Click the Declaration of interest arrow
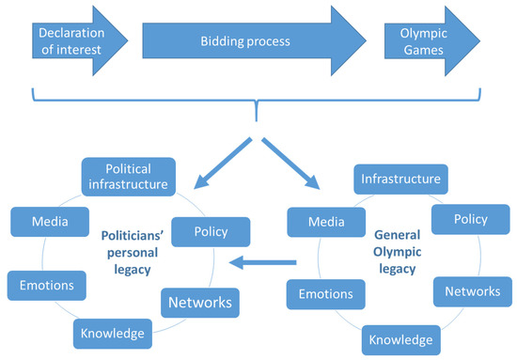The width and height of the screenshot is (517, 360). [70, 41]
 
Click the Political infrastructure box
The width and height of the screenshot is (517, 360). [128, 176]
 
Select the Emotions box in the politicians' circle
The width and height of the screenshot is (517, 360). [41, 283]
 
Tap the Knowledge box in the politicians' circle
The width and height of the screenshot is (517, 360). [111, 333]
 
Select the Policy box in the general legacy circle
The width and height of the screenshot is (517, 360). [470, 219]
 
